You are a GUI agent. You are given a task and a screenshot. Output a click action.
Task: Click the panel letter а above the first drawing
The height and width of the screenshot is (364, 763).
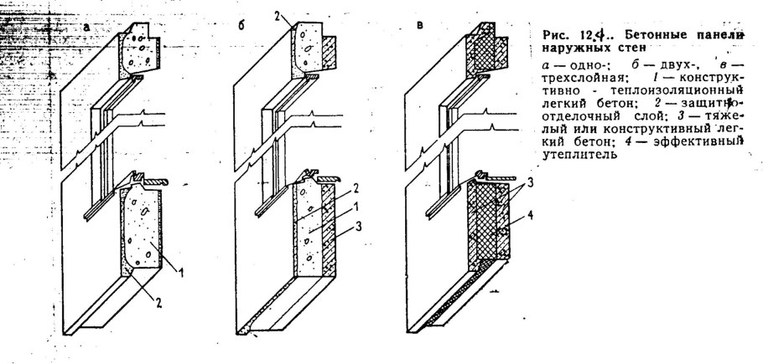[86, 27]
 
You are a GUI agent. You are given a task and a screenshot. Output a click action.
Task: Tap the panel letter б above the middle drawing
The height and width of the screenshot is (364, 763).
[241, 26]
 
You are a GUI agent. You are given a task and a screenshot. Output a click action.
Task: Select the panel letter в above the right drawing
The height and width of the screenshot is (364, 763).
[420, 26]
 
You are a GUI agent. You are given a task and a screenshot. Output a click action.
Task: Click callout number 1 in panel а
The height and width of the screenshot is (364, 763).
[181, 274]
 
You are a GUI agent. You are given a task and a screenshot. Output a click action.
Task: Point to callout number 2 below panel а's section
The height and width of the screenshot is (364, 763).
[159, 304]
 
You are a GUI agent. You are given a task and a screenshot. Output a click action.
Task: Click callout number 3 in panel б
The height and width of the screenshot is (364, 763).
[358, 226]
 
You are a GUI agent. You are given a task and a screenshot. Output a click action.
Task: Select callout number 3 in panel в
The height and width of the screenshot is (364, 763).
[531, 183]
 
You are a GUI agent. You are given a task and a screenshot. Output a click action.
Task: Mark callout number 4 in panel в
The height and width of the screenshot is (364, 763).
[531, 215]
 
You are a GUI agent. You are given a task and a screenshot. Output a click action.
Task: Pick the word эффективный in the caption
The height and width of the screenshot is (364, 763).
[708, 142]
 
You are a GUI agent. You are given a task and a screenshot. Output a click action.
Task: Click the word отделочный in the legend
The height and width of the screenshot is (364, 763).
[572, 116]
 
